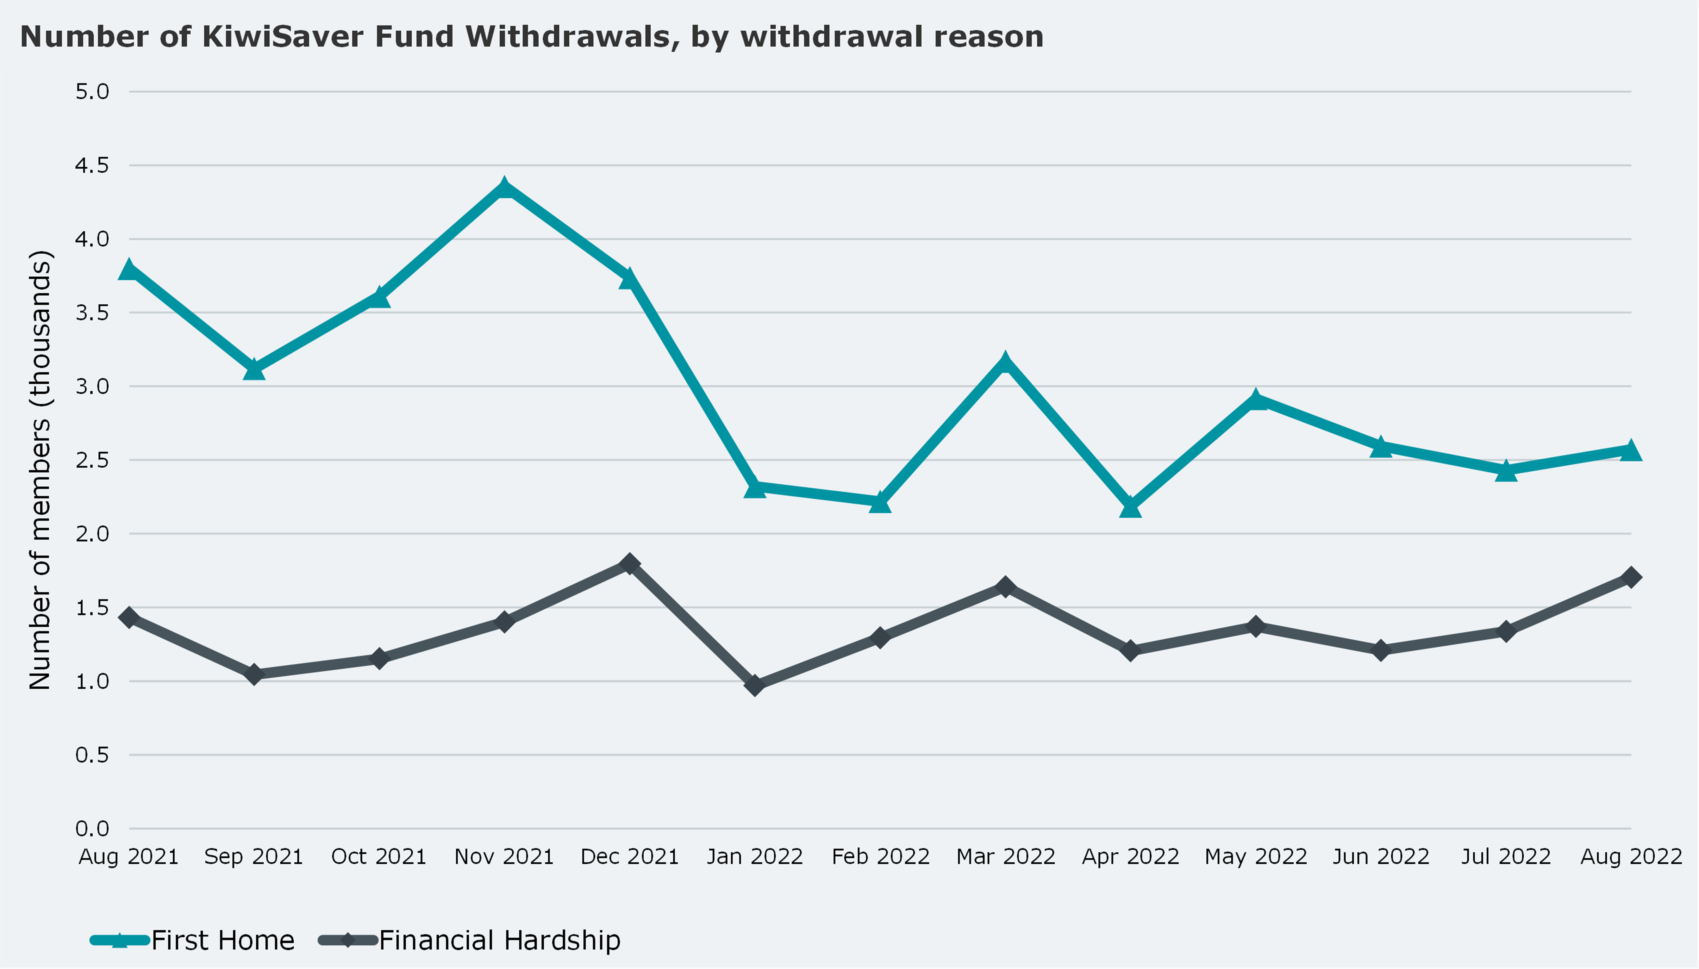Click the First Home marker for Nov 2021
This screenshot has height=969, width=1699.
pos(504,188)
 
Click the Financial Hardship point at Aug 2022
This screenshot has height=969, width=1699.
pos(1631,577)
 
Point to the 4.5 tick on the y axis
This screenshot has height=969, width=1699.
pos(92,165)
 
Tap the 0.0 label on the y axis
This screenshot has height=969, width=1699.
pos(92,829)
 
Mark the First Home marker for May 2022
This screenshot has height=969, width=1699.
pos(1256,401)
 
